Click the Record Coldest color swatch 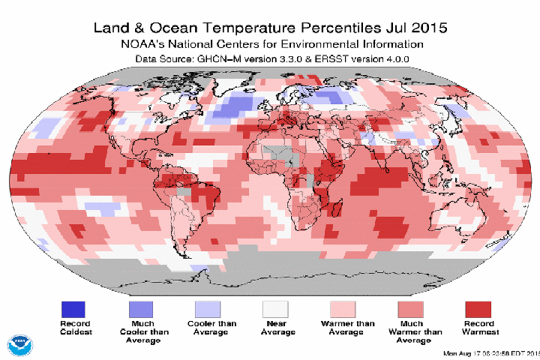73,308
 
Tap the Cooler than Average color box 208,308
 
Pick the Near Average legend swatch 275,308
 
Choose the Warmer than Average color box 343,308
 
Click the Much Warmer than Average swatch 410,308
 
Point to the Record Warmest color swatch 478,308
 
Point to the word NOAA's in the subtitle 145,44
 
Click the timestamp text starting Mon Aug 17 492,353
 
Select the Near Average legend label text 275,328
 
